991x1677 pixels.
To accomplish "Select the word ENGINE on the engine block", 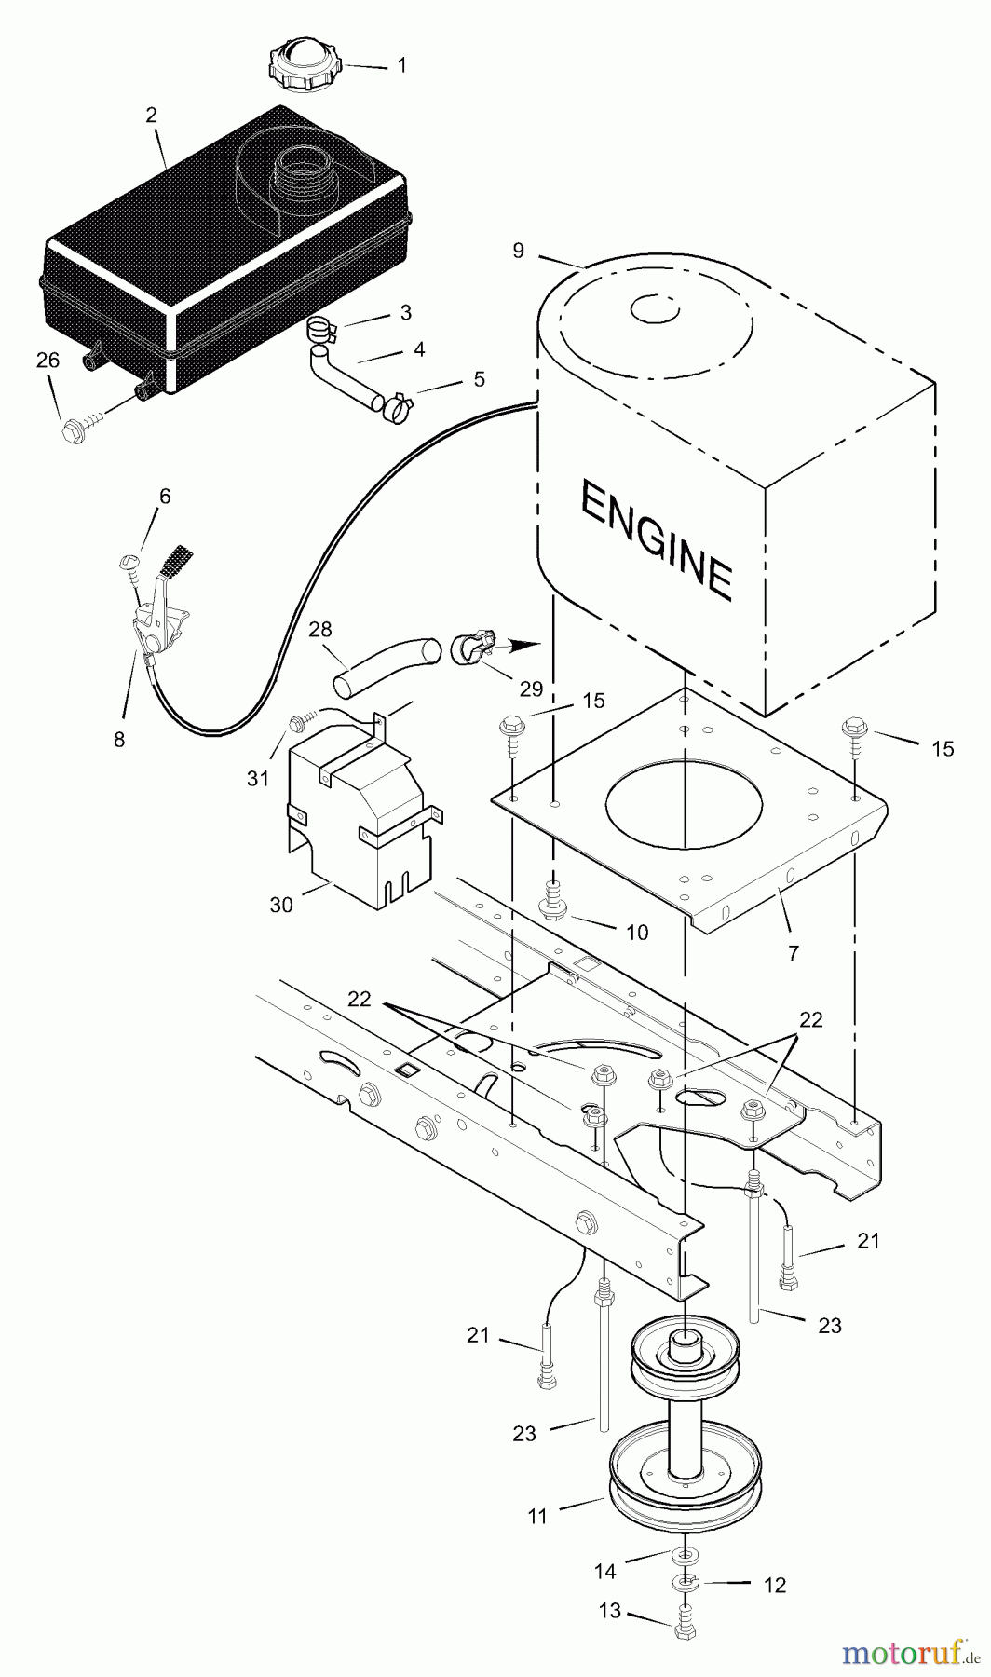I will pyautogui.click(x=656, y=541).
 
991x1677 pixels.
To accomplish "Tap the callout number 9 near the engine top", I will pyautogui.click(x=518, y=251).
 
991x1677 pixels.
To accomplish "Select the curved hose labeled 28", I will pyautogui.click(x=386, y=663).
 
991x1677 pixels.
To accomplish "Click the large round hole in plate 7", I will pyautogui.click(x=685, y=802).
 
